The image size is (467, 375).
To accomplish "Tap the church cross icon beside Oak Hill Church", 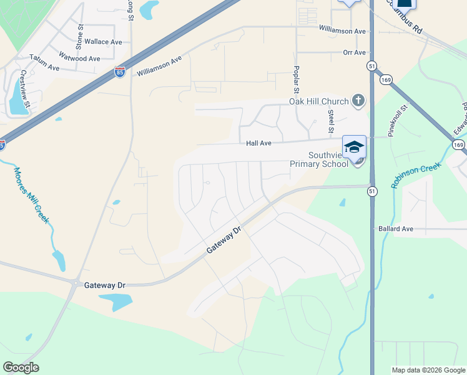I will coord(358,100).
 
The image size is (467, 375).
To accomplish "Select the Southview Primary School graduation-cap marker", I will coord(354,147).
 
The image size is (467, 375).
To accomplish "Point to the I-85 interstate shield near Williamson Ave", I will coord(120,73).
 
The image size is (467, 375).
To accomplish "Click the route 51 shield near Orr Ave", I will coord(371,66).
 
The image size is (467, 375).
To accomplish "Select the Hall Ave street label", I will coord(258,143).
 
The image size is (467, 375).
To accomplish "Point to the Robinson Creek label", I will coord(416,175).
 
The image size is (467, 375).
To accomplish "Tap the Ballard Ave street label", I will coord(396,229).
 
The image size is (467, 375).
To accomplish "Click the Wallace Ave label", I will coord(104,42).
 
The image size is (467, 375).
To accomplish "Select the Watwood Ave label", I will coord(79,59).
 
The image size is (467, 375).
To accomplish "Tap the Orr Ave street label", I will coord(354,52).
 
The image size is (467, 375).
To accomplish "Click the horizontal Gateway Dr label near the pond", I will coord(104,285).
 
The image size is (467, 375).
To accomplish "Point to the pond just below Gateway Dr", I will coord(115,302).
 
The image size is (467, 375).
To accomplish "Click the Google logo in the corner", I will coord(21,367).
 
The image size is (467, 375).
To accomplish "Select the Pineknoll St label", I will coord(396,121).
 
